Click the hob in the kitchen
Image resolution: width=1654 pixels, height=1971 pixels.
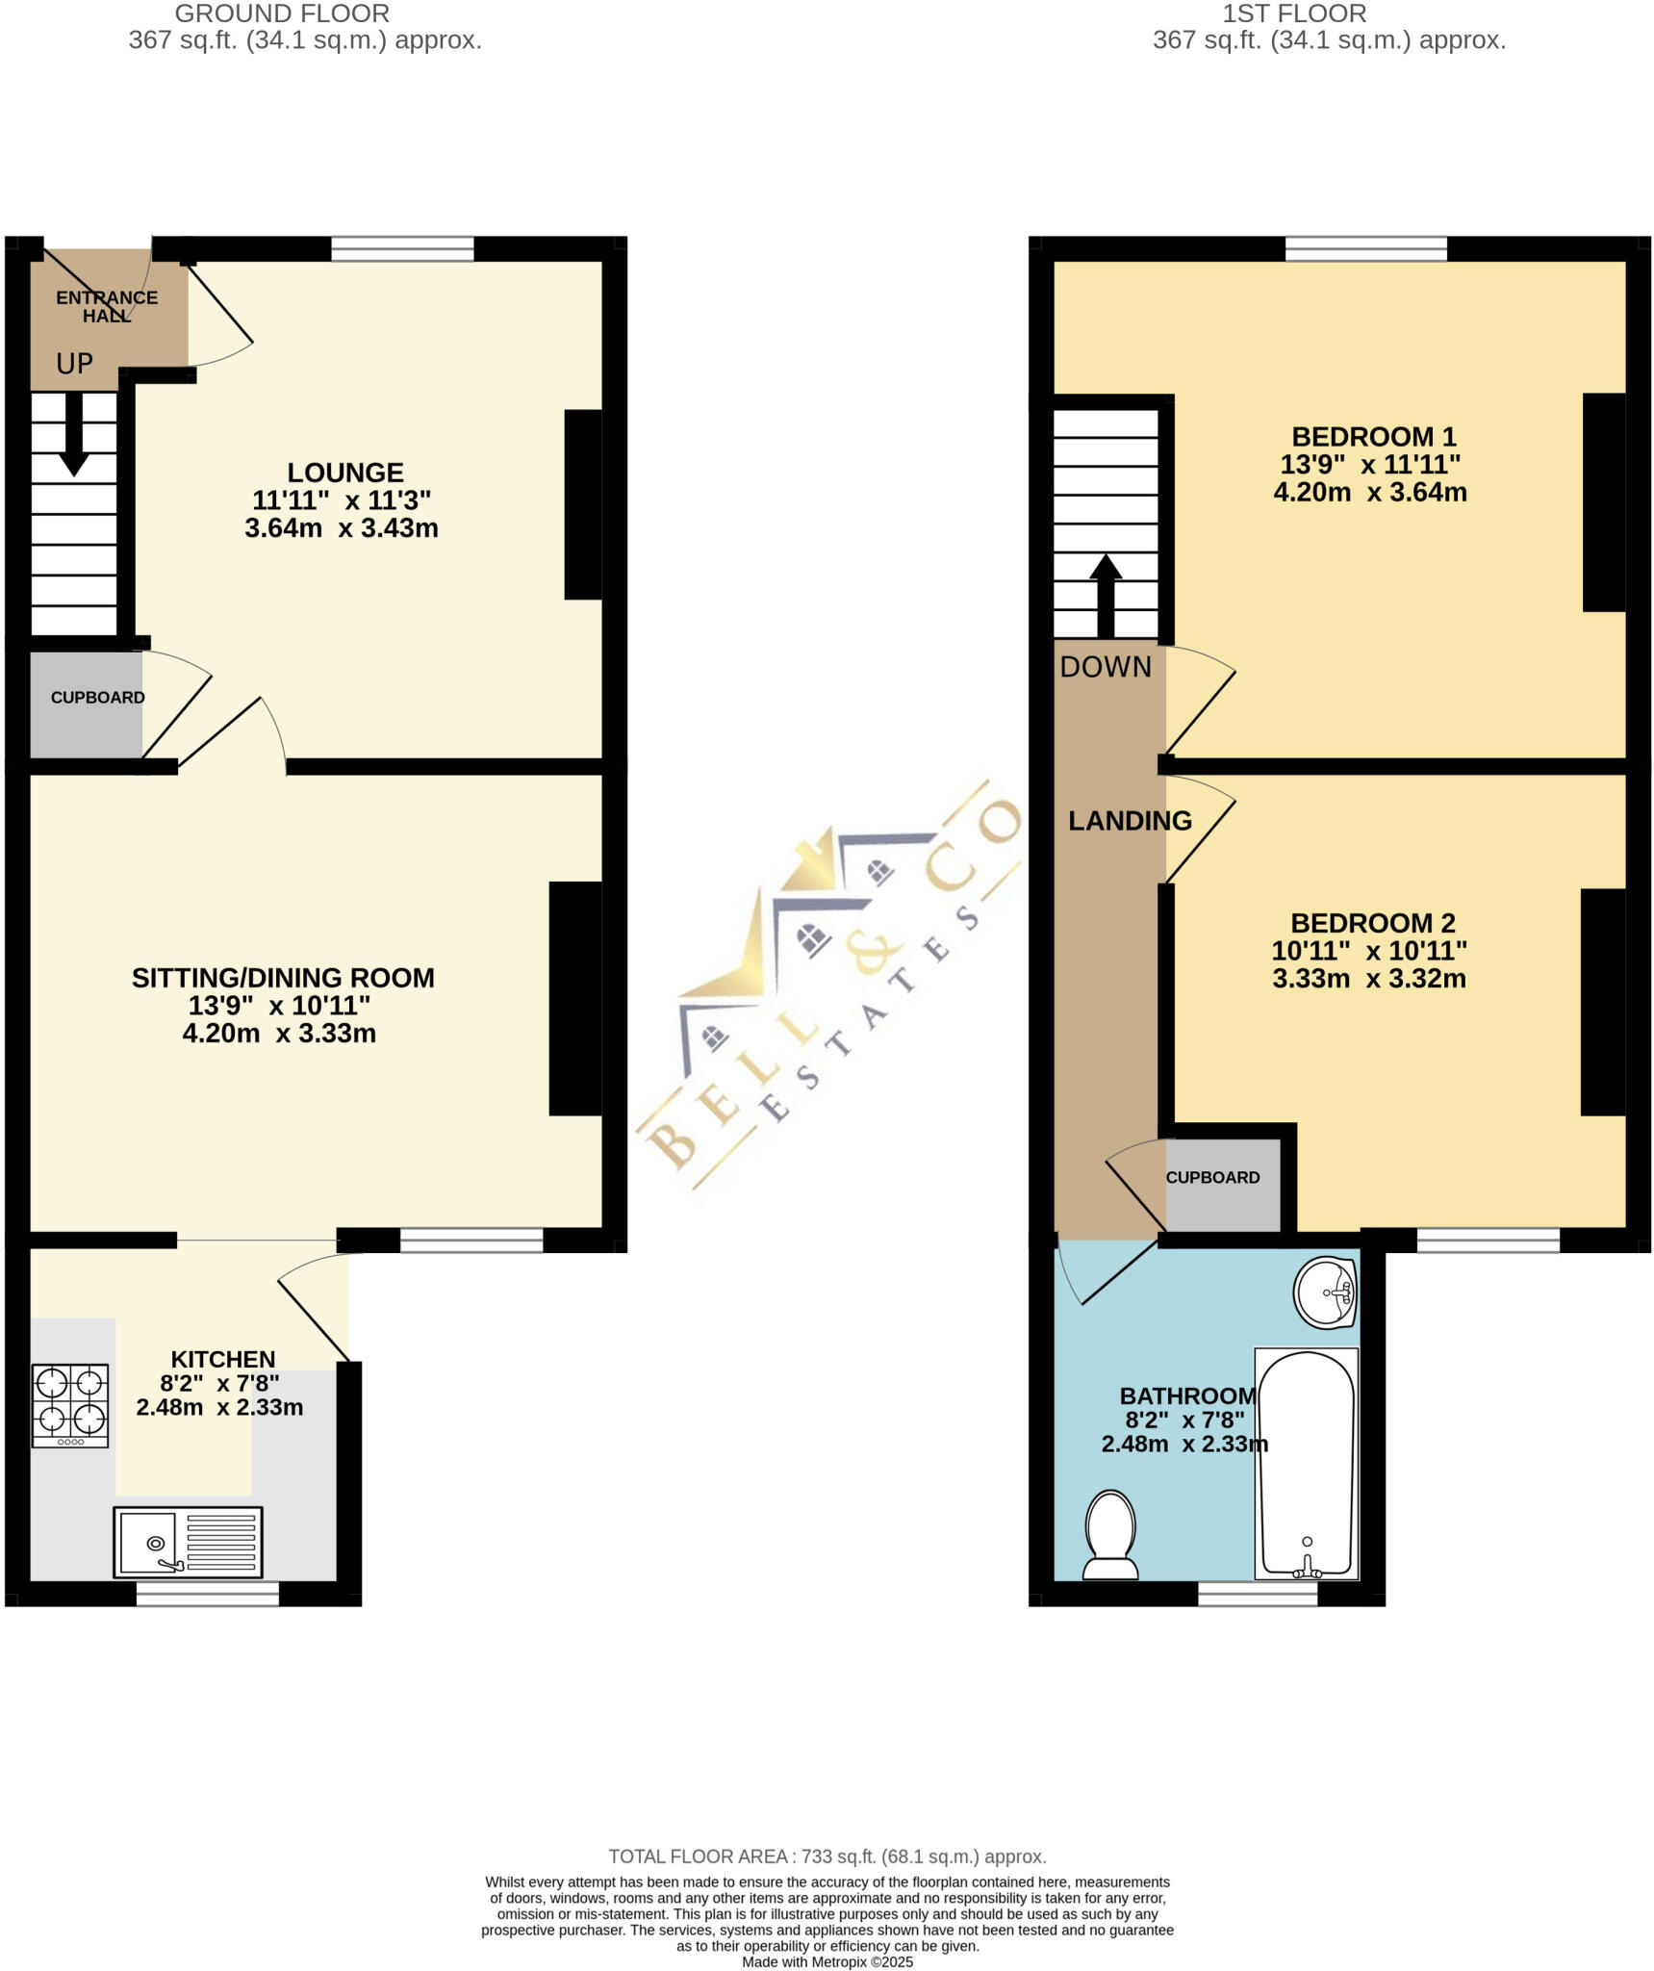click(x=70, y=1405)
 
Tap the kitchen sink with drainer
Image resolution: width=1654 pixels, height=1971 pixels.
click(x=188, y=1542)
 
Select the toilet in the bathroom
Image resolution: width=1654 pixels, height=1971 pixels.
click(x=1110, y=1536)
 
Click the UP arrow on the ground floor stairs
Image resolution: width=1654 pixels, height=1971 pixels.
click(x=73, y=438)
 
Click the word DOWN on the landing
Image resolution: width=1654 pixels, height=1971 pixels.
click(x=1106, y=667)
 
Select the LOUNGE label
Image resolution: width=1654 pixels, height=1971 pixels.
click(x=345, y=473)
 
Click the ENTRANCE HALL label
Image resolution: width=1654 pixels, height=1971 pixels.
click(x=106, y=306)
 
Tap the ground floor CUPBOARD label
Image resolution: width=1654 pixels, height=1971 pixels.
click(x=97, y=698)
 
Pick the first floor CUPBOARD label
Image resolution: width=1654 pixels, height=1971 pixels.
click(x=1212, y=1178)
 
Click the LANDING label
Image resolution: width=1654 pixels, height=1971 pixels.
click(x=1130, y=821)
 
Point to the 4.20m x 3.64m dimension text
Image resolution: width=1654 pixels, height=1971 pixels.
click(x=1369, y=493)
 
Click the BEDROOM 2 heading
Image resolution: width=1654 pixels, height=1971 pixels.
click(x=1372, y=923)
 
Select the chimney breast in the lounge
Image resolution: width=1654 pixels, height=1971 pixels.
click(x=583, y=504)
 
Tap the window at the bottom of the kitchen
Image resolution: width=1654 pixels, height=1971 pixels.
click(x=207, y=1594)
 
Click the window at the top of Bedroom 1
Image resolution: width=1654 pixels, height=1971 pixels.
click(x=1365, y=249)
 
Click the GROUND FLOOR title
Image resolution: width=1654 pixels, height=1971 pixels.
click(x=282, y=14)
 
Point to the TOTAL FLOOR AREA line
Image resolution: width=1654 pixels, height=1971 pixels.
click(x=827, y=1856)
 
